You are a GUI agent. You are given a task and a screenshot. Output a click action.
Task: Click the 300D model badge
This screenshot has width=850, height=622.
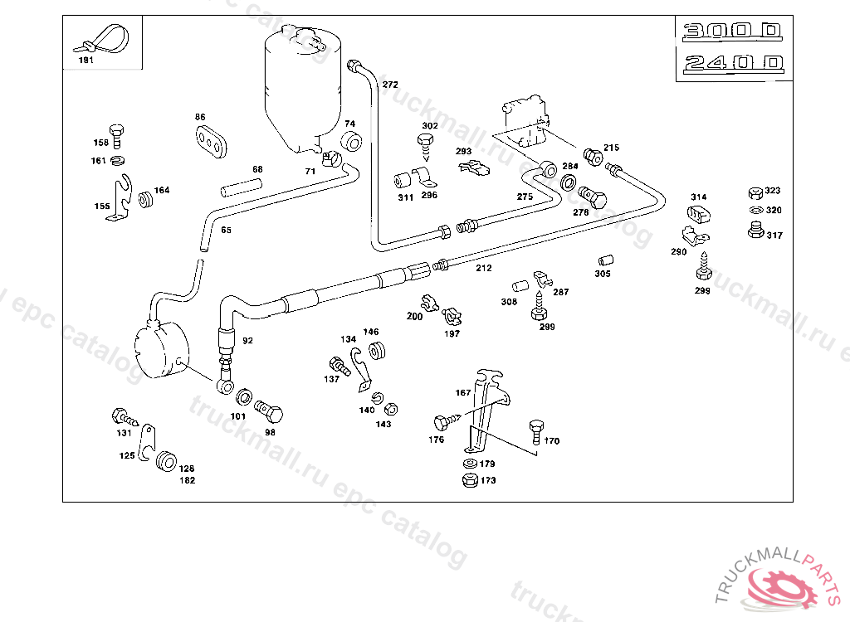pos(731,32)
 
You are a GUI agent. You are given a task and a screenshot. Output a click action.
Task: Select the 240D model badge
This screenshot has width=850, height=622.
pos(731,63)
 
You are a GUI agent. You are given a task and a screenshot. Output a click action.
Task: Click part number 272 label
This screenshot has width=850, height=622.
pos(390,85)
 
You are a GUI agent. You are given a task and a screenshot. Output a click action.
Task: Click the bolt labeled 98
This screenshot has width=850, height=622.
pos(269,412)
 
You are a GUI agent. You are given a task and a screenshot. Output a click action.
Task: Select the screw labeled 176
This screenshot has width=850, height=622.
pos(444,422)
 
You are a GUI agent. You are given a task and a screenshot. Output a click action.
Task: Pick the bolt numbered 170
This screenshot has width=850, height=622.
pos(535,430)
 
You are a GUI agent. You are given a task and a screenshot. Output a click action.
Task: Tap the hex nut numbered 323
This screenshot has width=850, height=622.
pos(755,192)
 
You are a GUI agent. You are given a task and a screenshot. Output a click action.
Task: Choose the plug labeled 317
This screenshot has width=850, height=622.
pos(755,230)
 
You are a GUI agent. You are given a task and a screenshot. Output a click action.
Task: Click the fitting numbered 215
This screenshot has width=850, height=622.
pos(593,155)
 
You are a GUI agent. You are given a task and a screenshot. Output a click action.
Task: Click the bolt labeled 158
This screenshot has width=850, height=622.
pos(117,131)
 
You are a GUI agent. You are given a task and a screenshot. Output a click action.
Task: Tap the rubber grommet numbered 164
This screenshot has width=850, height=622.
pos(147,200)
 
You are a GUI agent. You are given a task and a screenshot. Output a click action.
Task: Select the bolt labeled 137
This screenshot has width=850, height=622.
pos(339,364)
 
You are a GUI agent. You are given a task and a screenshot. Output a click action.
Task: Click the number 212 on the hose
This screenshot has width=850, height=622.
pos(484,268)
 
